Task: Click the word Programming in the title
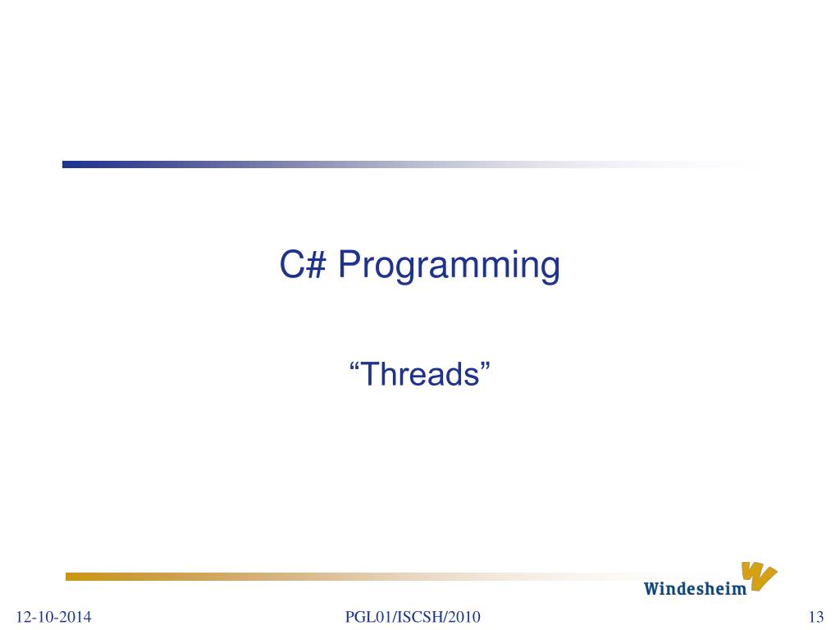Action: [450, 267]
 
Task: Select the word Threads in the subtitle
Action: [420, 374]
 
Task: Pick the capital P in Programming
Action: [349, 265]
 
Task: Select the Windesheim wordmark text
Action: [695, 588]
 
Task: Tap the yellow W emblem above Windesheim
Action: [758, 575]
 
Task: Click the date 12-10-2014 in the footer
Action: [53, 617]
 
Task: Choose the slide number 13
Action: [815, 617]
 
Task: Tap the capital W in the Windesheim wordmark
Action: [652, 588]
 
